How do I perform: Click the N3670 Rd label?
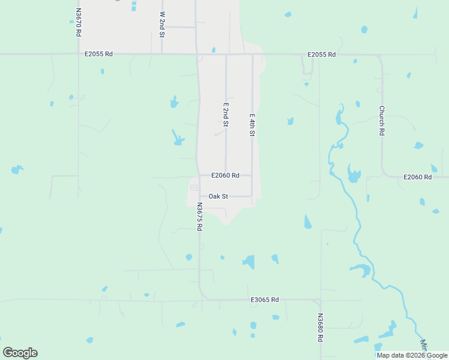point(78,22)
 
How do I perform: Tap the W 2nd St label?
point(162,24)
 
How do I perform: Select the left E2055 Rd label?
point(99,54)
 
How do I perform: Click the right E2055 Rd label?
point(321,55)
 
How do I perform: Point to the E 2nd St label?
point(226,114)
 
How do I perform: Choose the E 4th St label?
point(253,125)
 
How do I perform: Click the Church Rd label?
point(381,121)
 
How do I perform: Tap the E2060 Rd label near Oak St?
point(225,176)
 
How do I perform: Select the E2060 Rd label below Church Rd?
point(417,177)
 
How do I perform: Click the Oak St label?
point(218,196)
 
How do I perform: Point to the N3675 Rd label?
point(199,216)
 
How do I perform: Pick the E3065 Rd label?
point(265,299)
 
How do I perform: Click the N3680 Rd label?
point(321,328)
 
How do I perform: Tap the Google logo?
point(20,353)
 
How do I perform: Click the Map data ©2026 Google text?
point(412,355)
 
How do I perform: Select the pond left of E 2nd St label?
point(178,139)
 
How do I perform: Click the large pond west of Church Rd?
point(354,176)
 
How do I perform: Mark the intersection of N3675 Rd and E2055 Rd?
point(197,55)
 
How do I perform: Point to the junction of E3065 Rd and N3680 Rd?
point(320,301)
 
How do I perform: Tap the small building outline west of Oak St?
point(193,188)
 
